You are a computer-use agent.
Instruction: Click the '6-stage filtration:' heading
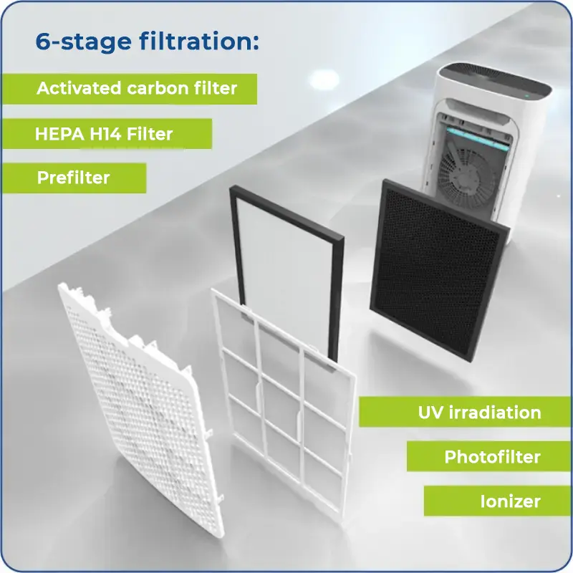[x=147, y=41]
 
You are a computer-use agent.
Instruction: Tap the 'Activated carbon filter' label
[x=137, y=88]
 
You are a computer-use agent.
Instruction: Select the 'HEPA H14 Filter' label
[x=104, y=134]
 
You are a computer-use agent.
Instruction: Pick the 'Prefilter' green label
[x=74, y=178]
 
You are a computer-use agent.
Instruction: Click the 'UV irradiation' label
[x=479, y=413]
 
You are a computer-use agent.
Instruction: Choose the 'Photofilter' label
[x=492, y=457]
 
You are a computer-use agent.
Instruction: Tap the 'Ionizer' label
[x=510, y=501]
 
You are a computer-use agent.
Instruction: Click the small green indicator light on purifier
[x=527, y=97]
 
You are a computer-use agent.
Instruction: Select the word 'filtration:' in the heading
[x=199, y=41]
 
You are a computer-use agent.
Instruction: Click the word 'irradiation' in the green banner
[x=495, y=413]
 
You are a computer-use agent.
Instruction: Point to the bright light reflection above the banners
[x=324, y=79]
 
